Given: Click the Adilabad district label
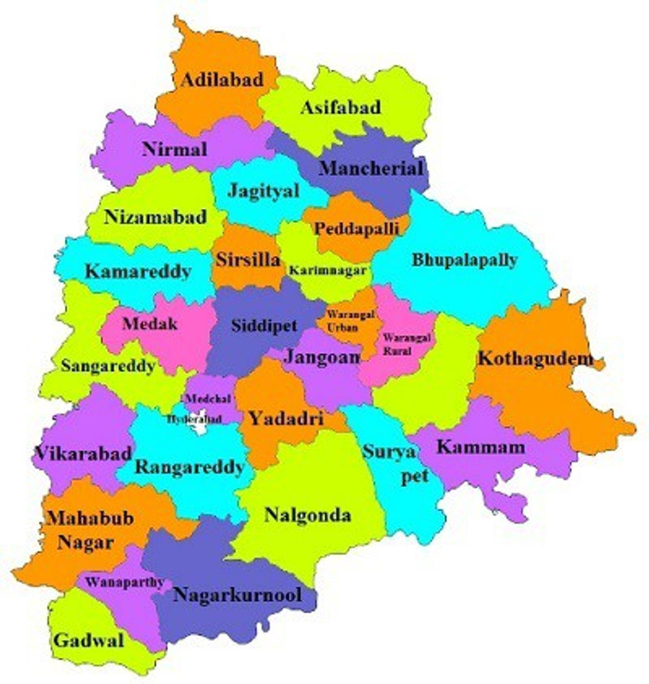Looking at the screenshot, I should (221, 79).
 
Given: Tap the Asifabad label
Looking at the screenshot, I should (340, 108).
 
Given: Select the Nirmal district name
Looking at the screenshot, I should (174, 149).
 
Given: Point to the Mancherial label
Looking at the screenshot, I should (370, 168).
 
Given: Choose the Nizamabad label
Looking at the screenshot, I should (156, 217).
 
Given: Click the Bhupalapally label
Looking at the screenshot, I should (465, 259).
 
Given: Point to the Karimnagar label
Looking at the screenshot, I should (328, 271).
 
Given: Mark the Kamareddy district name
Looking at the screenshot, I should (137, 271).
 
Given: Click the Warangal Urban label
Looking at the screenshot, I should (342, 320).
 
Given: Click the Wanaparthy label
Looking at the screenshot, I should (124, 582).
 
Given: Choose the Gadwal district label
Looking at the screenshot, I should (89, 640).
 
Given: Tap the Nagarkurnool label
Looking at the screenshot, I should (237, 595).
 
